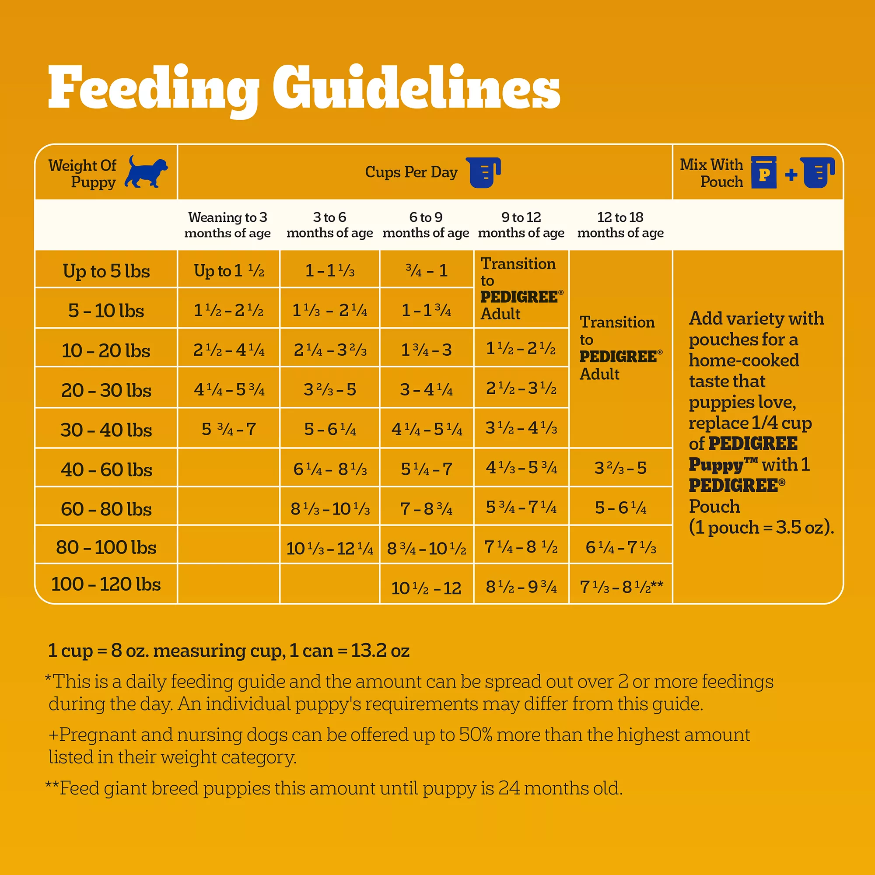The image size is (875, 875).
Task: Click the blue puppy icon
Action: click(x=146, y=172)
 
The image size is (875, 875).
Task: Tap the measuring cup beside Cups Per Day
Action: click(x=485, y=172)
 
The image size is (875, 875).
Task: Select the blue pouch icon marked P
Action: click(x=763, y=172)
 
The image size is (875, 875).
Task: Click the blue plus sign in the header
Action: click(x=791, y=175)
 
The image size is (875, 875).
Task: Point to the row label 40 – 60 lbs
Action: click(x=106, y=469)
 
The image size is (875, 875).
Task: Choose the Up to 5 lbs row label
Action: click(x=106, y=271)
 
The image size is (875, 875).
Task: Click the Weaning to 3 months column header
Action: click(x=227, y=224)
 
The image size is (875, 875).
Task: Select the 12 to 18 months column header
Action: click(x=620, y=224)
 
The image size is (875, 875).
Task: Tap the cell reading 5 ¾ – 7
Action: click(x=229, y=428)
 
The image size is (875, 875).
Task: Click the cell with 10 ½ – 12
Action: click(x=426, y=588)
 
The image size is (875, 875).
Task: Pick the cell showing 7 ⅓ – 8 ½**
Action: click(x=621, y=587)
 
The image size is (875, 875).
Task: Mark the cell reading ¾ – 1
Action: click(x=426, y=271)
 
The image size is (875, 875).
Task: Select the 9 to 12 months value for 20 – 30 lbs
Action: click(x=521, y=388)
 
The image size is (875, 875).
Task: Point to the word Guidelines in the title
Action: click(x=416, y=88)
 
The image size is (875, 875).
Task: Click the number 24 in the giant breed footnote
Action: click(x=509, y=788)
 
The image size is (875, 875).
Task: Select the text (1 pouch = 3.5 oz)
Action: click(x=761, y=527)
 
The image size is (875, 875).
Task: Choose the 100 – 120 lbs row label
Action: click(x=106, y=584)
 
